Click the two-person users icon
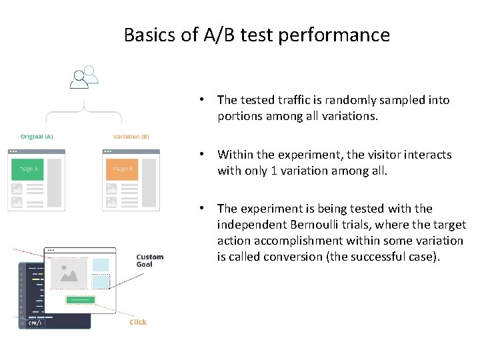click(84, 77)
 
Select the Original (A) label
click(37, 137)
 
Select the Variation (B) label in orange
click(131, 137)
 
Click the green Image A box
click(27, 169)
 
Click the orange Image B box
click(121, 169)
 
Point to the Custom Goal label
click(149, 260)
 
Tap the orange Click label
click(138, 322)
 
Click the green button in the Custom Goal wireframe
click(80, 300)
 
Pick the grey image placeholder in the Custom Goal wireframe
click(69, 271)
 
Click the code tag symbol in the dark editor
click(35, 323)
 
